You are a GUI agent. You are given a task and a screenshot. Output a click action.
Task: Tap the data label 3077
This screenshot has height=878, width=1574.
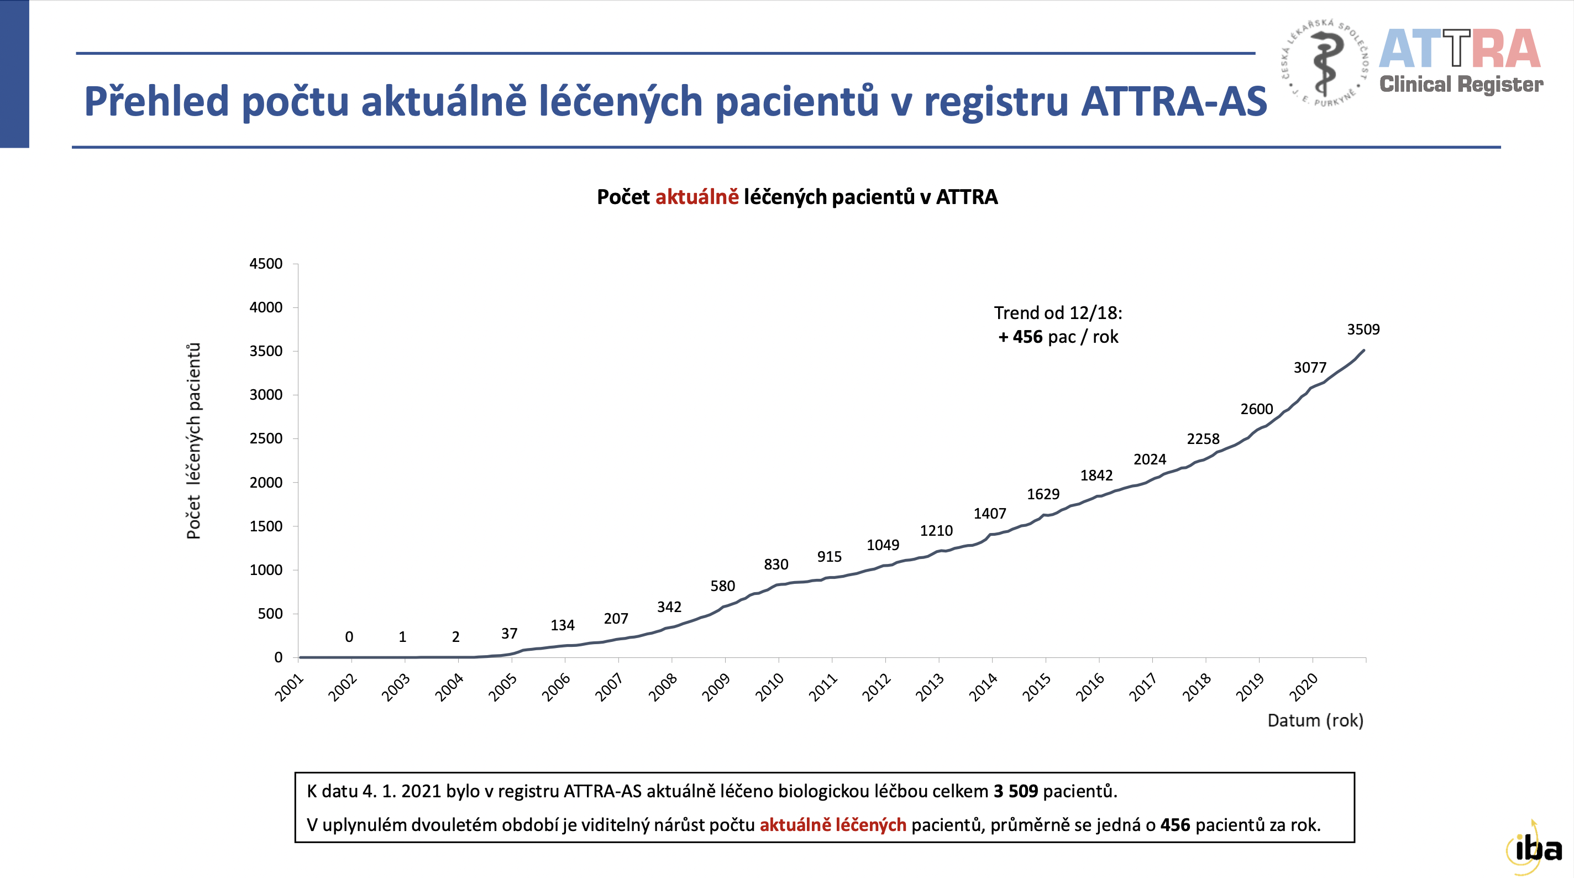point(1309,368)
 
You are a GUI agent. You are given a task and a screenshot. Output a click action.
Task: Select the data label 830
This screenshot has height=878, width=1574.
point(775,565)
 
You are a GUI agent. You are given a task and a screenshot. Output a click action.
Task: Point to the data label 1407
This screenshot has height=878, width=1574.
point(989,514)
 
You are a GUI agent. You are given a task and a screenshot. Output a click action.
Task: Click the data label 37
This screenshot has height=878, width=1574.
point(509,634)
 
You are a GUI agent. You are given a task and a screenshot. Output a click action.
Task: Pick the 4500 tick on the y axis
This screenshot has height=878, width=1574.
point(266,264)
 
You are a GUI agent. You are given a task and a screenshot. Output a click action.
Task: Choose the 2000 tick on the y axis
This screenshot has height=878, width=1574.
point(266,483)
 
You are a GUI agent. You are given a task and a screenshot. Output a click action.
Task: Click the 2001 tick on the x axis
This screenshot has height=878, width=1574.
point(289,687)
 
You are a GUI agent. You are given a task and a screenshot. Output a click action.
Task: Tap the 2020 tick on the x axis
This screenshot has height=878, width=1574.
point(1303,687)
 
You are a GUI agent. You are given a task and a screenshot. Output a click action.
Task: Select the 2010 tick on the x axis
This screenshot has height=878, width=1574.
point(769,687)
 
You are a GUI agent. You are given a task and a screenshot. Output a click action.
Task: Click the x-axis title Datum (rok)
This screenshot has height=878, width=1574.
point(1315,720)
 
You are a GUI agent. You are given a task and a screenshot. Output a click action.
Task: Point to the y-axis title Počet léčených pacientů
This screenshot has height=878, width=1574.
point(193,440)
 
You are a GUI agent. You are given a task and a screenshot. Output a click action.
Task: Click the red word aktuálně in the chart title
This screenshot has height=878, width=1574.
point(696,197)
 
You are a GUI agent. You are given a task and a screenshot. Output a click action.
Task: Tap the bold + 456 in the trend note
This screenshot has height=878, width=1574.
point(1020,337)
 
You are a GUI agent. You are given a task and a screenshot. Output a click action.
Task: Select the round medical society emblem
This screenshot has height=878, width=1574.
point(1325,63)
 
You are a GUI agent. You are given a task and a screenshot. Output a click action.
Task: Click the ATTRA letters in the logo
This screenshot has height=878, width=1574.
point(1459,49)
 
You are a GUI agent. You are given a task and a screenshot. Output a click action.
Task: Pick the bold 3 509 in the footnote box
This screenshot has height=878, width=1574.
point(1015,791)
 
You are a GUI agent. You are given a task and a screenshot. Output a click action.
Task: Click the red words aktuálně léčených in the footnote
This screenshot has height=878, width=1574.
point(832,825)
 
